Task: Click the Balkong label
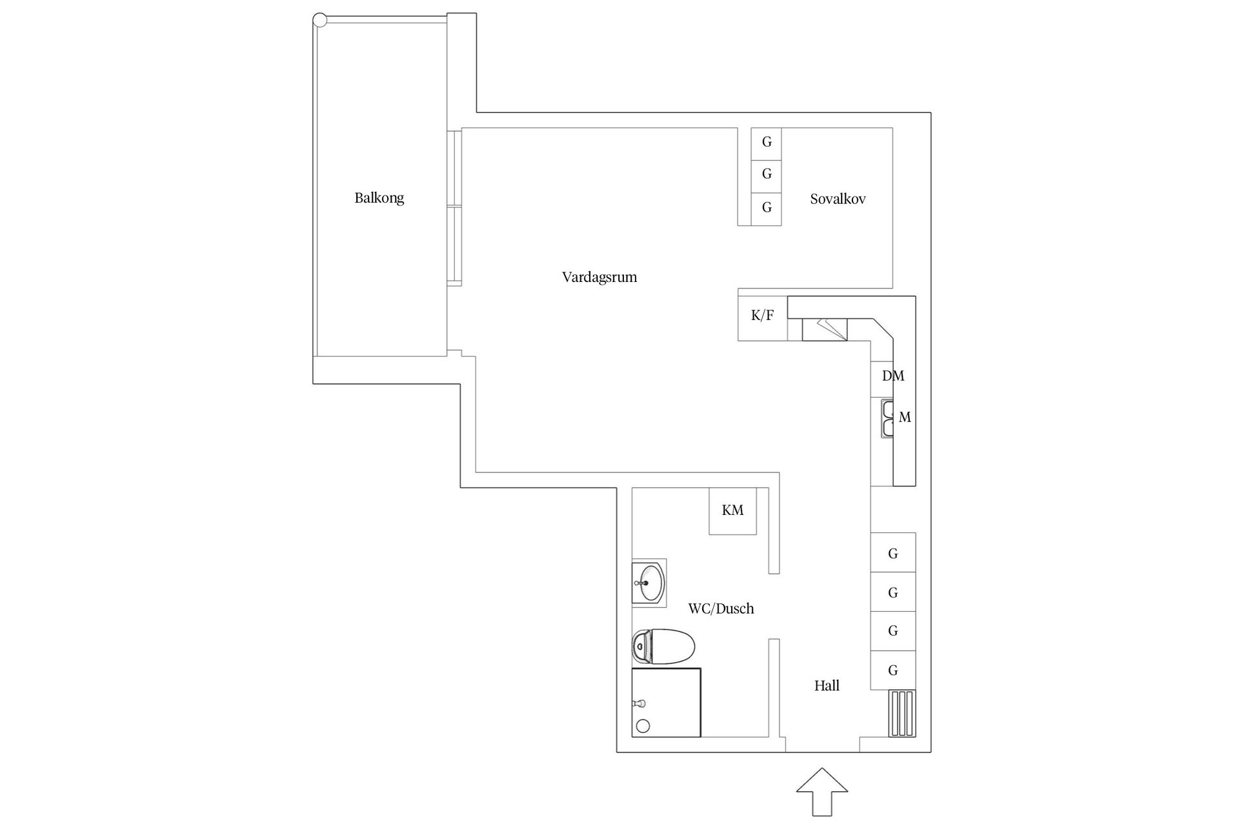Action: click(x=379, y=198)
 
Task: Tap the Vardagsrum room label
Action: click(x=599, y=277)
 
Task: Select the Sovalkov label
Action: click(x=838, y=199)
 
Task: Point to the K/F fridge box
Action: click(x=762, y=316)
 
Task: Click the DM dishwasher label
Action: click(x=893, y=376)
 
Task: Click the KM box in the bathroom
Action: click(x=732, y=510)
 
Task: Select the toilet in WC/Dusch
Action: click(x=663, y=646)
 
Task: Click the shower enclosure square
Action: click(x=666, y=703)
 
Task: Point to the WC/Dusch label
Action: click(x=721, y=609)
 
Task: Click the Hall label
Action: click(x=827, y=686)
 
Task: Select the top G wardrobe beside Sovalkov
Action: click(x=767, y=143)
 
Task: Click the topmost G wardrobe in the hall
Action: click(x=893, y=553)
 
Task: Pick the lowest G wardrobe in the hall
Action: click(x=893, y=670)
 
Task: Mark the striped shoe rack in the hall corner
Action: click(x=902, y=713)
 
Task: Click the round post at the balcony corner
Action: click(x=320, y=20)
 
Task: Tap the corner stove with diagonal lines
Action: click(x=825, y=329)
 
